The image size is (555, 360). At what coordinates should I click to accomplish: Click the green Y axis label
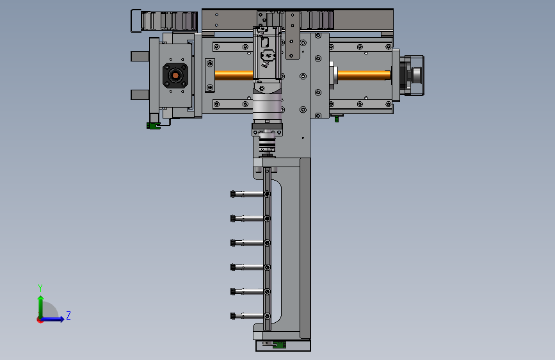(40, 288)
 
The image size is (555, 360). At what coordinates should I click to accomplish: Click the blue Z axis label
(68, 315)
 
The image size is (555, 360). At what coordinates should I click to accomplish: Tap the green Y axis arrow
(41, 307)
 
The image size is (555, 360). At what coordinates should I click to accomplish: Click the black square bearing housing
(175, 76)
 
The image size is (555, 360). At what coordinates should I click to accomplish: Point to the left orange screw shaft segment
(234, 75)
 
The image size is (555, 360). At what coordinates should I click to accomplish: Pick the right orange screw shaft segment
(364, 75)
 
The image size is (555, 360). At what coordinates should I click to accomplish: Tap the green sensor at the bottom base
(279, 345)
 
